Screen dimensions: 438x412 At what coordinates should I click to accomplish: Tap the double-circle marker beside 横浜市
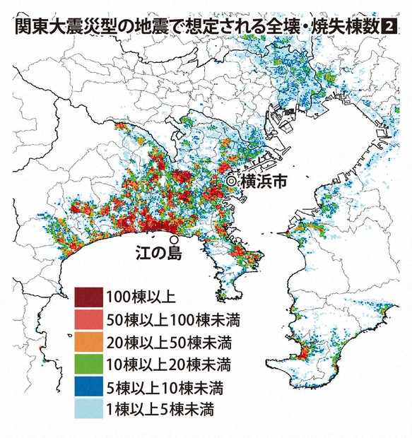(230, 182)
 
